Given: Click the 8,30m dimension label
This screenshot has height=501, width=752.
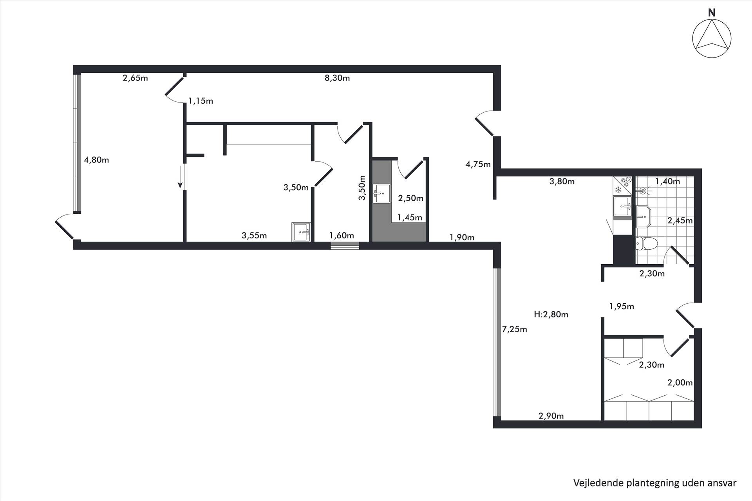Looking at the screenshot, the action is click(337, 78).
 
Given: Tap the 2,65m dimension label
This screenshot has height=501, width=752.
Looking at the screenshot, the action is click(135, 78).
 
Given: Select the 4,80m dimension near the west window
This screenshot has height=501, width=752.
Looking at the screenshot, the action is click(96, 160).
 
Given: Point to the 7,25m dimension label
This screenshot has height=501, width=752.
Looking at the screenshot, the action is click(515, 329).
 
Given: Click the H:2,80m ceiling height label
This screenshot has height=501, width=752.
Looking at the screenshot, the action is click(551, 314).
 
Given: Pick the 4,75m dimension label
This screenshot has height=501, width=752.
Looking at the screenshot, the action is click(478, 164).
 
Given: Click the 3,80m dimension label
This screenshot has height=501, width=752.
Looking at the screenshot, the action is click(562, 181).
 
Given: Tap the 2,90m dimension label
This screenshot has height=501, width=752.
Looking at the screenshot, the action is click(551, 416).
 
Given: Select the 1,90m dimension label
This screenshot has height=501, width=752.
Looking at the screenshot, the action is click(462, 237).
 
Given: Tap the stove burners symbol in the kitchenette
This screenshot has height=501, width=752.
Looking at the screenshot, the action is click(626, 181).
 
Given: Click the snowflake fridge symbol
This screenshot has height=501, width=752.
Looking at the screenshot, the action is click(618, 190).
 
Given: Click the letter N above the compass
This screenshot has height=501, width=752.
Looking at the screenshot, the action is click(712, 13).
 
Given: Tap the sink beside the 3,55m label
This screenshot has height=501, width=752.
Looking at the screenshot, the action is click(301, 232).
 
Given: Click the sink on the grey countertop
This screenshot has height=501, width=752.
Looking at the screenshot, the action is click(381, 194).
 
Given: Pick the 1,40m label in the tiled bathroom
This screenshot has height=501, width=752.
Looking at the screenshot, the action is click(667, 182).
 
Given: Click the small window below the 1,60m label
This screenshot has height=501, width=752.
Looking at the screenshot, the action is click(345, 246).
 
